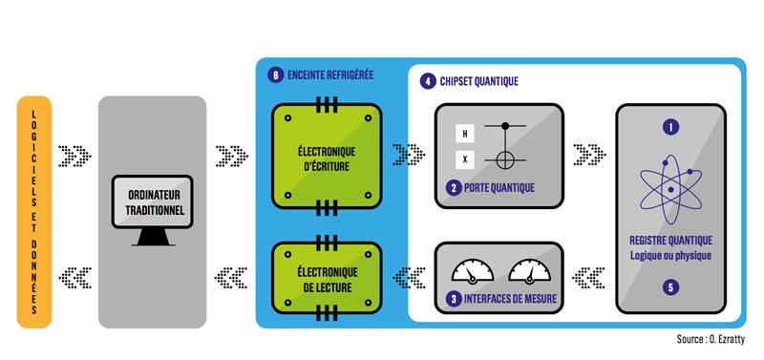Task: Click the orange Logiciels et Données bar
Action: point(33,212)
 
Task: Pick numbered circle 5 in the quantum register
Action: point(670,286)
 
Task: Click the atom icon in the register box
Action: point(670,187)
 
